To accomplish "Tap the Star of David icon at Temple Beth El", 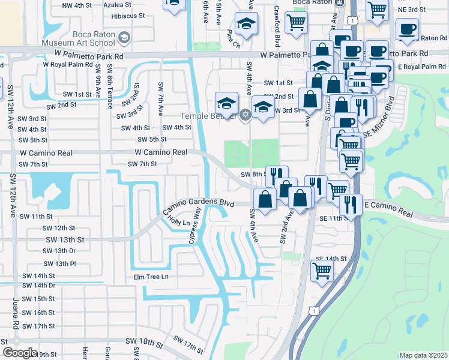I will (x=244, y=115).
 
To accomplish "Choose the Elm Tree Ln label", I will (x=151, y=277).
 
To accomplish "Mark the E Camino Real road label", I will (x=388, y=209).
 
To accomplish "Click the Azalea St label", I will (x=117, y=4).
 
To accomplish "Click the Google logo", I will (x=20, y=353).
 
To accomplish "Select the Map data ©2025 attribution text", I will (x=423, y=355).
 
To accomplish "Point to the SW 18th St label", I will (x=145, y=341).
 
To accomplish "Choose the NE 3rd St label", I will (x=411, y=10).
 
